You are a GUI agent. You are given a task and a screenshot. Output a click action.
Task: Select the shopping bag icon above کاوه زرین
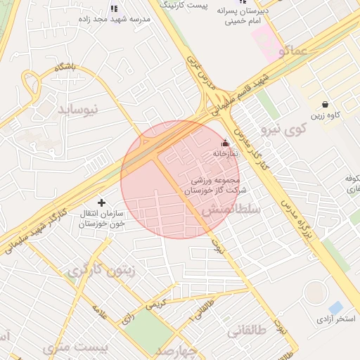(x=324, y=104)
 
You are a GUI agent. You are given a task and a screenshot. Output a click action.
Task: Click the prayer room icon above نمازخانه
(x=225, y=142)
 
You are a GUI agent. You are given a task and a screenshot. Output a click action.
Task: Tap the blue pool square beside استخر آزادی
(x=336, y=307)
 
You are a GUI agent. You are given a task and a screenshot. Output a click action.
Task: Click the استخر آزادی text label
(x=336, y=320)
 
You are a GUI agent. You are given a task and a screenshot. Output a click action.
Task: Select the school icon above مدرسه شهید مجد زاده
(x=115, y=8)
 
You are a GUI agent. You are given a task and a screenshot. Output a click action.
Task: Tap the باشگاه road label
(x=64, y=67)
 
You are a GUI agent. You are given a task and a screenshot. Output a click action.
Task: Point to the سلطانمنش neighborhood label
(x=231, y=210)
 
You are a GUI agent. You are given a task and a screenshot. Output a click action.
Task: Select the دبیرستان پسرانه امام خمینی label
(x=243, y=17)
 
